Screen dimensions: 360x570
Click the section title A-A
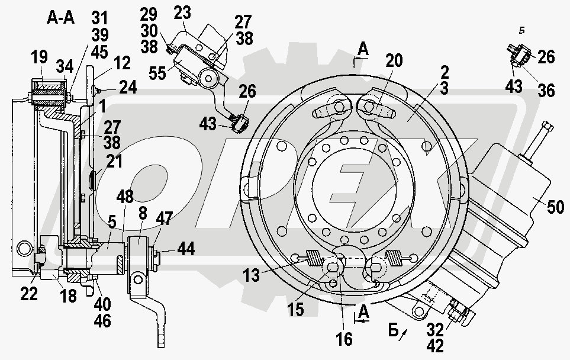click(x=61, y=18)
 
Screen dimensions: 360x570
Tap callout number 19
click(x=39, y=58)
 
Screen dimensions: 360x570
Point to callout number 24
click(x=127, y=88)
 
